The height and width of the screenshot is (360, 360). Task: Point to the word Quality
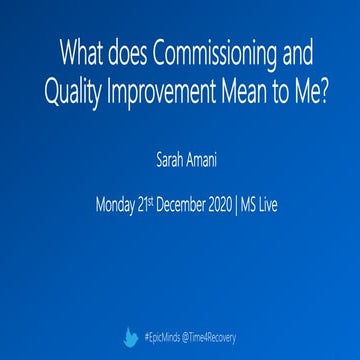click(72, 90)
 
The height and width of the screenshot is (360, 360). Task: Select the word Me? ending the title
click(303, 90)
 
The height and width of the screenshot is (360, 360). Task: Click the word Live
click(296, 207)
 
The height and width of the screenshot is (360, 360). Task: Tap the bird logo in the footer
click(129, 338)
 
